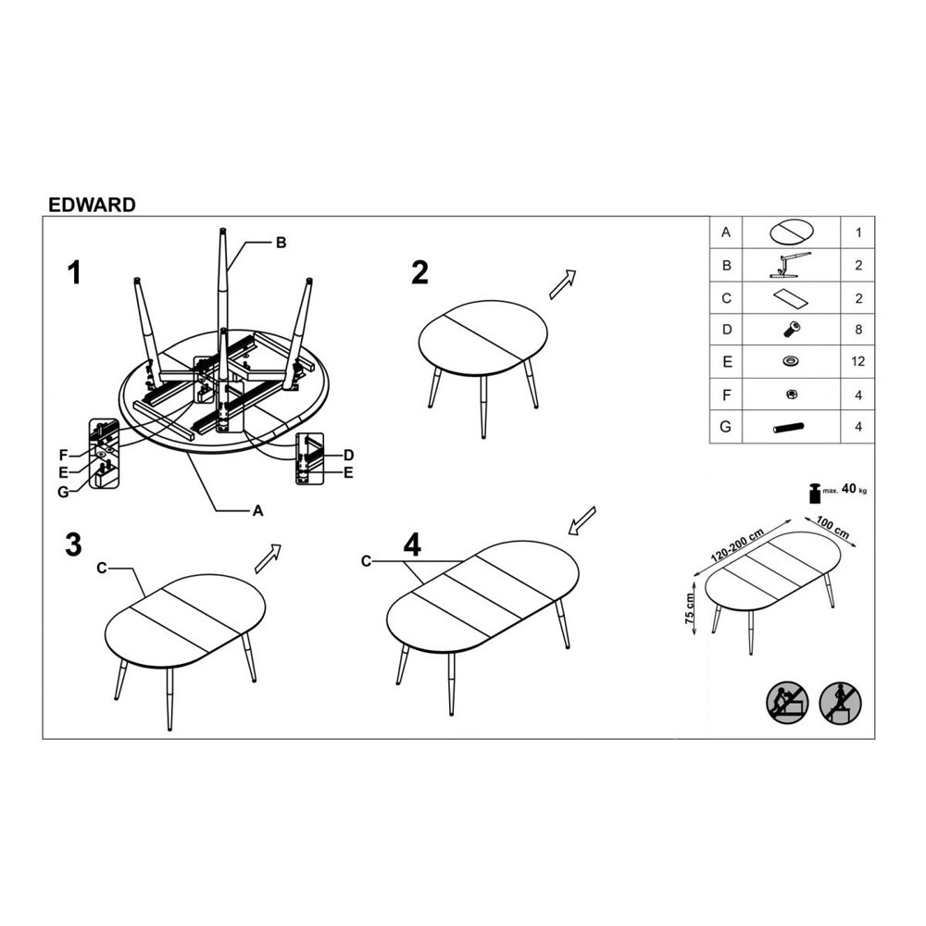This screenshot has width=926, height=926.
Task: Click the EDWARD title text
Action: pyautogui.click(x=92, y=205)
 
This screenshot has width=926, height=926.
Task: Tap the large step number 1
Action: pyautogui.click(x=74, y=273)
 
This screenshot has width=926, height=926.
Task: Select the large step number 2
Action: pyautogui.click(x=419, y=273)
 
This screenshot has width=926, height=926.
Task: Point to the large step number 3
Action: pyautogui.click(x=73, y=544)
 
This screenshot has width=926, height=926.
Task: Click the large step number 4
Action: pyautogui.click(x=412, y=544)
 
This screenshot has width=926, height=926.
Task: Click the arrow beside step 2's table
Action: pyautogui.click(x=562, y=284)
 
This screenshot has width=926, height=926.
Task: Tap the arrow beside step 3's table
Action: pyautogui.click(x=268, y=558)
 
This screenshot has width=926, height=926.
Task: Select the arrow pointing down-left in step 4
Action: pyautogui.click(x=582, y=520)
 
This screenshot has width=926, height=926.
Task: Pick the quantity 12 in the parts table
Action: pyautogui.click(x=858, y=361)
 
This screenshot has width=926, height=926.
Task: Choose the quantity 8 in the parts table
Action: pyautogui.click(x=858, y=330)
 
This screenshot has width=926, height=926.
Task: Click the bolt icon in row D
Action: pyautogui.click(x=792, y=330)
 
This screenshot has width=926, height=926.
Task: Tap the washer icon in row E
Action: pyautogui.click(x=790, y=361)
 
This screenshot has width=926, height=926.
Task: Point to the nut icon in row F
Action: pyautogui.click(x=792, y=394)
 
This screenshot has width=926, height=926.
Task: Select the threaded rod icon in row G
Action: pyautogui.click(x=788, y=427)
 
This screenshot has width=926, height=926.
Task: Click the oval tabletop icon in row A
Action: pyautogui.click(x=792, y=231)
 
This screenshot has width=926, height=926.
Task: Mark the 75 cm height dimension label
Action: pyautogui.click(x=689, y=608)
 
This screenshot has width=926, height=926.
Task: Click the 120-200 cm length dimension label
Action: pyautogui.click(x=738, y=544)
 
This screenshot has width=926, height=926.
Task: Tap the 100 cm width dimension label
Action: pyautogui.click(x=832, y=528)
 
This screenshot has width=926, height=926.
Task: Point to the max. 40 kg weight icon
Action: pyautogui.click(x=816, y=493)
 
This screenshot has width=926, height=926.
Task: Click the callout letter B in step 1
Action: pyautogui.click(x=282, y=243)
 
